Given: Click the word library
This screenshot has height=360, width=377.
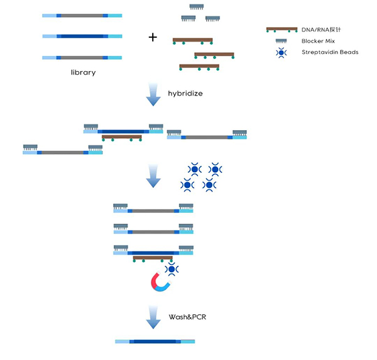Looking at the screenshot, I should tap(83, 72).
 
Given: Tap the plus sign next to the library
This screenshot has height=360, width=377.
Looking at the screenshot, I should tap(152, 37).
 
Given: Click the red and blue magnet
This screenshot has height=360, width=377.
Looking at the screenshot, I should tap(160, 283).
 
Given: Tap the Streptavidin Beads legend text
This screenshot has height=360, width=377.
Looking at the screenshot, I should tap(330, 52).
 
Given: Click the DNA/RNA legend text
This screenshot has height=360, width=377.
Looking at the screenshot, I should tap(322, 30).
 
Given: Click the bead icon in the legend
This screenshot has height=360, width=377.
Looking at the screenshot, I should tap(281, 52).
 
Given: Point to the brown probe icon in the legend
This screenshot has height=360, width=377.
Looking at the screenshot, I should tap(281, 30).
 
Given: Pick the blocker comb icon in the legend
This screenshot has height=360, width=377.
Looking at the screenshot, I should tap(281, 40).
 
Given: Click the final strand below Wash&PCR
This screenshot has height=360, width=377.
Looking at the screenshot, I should tap(155, 342).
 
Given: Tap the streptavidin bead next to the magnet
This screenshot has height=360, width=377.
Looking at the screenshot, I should tap(170, 269).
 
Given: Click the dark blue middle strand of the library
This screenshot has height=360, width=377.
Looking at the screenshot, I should tap(82, 36).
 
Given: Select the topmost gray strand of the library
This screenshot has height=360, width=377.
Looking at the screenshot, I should tap(82, 15).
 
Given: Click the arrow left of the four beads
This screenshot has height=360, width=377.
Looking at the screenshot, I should tap(153, 176).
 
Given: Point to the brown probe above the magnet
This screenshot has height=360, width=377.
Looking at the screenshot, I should tap(153, 258).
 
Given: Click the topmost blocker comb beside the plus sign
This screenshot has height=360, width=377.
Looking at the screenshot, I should tap(200, 8).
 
